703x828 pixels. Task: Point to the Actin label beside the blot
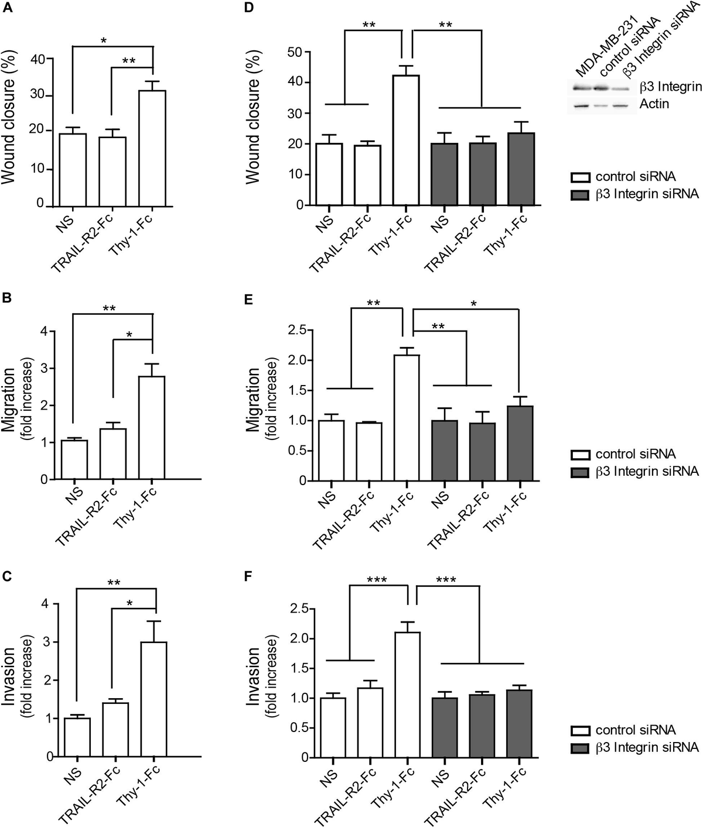click(x=655, y=104)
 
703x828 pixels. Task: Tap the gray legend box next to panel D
click(x=581, y=194)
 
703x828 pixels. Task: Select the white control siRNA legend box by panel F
click(x=581, y=730)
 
